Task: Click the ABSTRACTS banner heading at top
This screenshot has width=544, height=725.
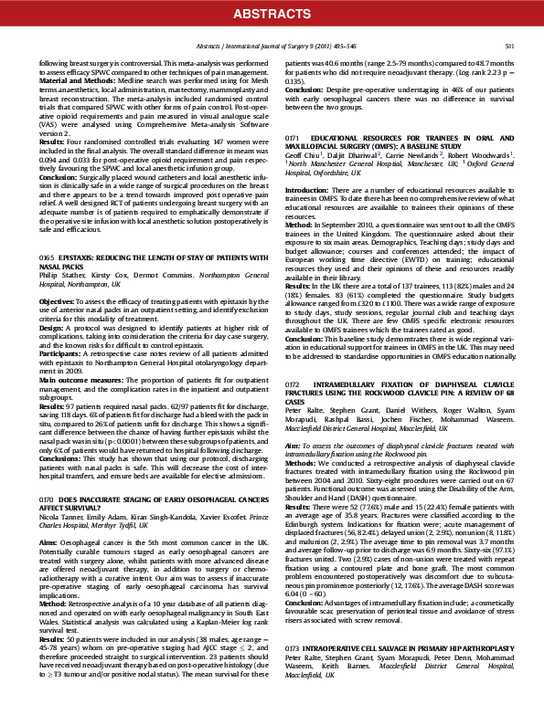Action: pyautogui.click(x=272, y=13)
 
